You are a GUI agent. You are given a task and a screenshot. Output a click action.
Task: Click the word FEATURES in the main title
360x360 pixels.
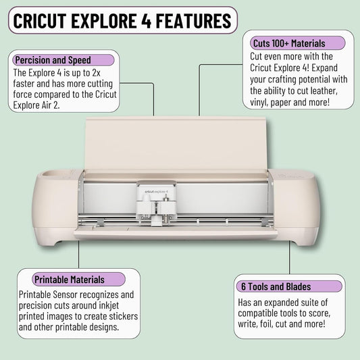tap(194, 21)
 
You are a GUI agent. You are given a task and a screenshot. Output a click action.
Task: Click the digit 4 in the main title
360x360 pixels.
tap(146, 21)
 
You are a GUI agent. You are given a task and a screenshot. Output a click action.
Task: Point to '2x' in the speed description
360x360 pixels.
tap(96, 73)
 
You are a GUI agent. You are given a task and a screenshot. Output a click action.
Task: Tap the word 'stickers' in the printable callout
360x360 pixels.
tap(124, 316)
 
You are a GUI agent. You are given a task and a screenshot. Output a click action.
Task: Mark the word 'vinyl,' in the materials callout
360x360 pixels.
tap(259, 103)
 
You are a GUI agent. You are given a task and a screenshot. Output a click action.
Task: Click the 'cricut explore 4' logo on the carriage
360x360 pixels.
tap(156, 191)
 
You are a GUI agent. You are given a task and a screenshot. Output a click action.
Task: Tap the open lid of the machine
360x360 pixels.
tap(176, 144)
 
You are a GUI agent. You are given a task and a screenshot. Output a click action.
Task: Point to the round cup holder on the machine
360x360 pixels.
tap(53, 174)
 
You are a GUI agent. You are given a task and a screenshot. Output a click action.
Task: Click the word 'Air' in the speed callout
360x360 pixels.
tap(47, 105)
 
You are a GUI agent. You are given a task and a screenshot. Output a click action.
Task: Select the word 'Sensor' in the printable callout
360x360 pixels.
tap(66, 294)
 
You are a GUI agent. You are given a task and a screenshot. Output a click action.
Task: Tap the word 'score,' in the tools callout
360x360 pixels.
tap(319, 313)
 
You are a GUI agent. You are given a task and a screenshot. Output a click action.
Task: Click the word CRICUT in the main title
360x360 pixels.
tap(40, 21)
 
